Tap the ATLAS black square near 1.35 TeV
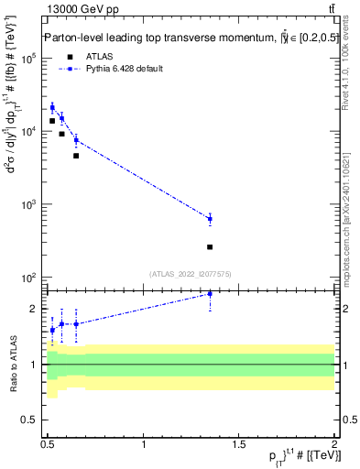210,247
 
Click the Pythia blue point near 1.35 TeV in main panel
210,219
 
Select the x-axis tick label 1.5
239,445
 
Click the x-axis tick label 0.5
48,445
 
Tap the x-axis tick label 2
334,445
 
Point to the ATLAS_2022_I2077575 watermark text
191,274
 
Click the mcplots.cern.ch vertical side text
346,247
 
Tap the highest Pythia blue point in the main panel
52,107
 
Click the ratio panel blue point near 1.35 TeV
210,294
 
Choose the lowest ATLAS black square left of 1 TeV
76,156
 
